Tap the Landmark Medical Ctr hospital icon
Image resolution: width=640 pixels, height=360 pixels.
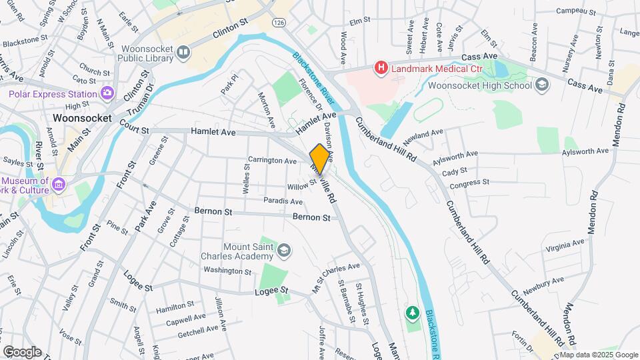coord(381,67)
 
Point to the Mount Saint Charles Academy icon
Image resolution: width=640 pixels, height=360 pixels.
coord(285,250)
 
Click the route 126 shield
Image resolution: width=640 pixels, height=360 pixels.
coord(279,23)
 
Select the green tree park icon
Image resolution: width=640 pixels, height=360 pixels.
coord(413,311)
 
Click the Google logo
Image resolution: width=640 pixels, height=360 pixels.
coord(22,351)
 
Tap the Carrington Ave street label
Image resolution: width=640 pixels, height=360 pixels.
coord(272,161)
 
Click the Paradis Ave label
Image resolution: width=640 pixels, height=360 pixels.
coord(283,200)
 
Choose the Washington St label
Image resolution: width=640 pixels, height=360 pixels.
coord(227,271)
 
